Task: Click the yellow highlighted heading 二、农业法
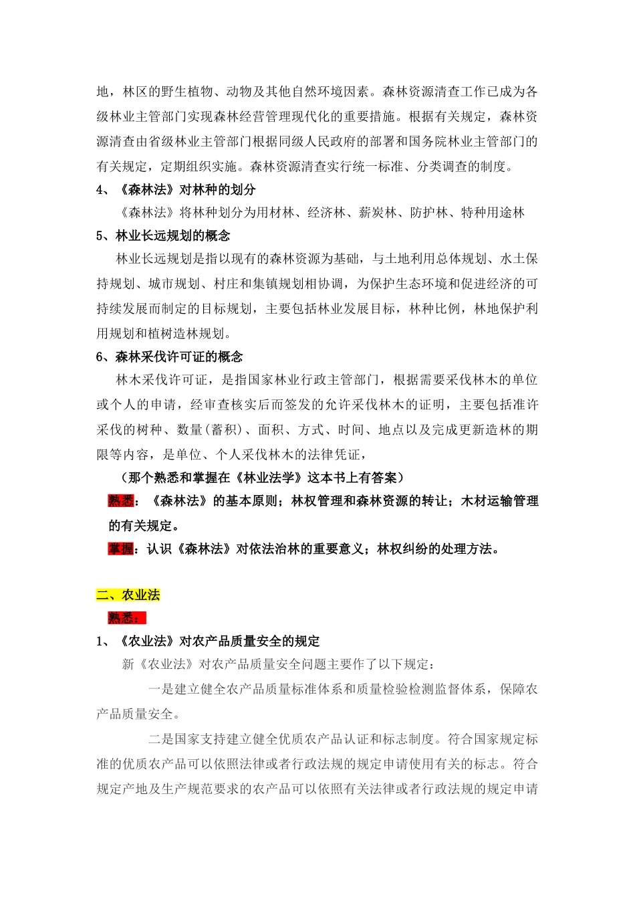tap(128, 595)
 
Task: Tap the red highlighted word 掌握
tap(121, 549)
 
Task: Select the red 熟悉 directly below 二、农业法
tap(127, 618)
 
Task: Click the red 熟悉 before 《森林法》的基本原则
tap(121, 501)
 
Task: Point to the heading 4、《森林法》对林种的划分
tap(176, 189)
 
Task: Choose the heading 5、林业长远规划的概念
tap(163, 235)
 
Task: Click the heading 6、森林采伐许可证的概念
tap(169, 357)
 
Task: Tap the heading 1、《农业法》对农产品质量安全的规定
tap(208, 641)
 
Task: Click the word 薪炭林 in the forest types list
tap(378, 213)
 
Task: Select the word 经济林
tap(326, 213)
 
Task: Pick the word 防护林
tap(428, 213)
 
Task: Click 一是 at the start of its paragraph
tap(160, 689)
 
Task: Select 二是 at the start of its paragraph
tap(160, 739)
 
